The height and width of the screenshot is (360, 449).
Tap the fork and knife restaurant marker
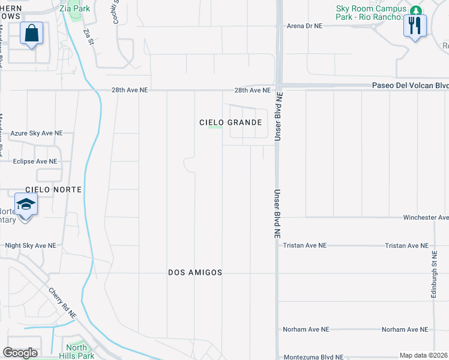[414, 25]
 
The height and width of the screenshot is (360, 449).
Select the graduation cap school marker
[25, 205]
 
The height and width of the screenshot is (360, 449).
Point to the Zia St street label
[89, 37]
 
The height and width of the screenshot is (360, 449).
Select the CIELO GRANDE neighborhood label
[231, 122]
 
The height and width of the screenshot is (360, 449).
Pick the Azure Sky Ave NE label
[37, 133]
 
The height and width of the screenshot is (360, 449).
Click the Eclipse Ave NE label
[35, 161]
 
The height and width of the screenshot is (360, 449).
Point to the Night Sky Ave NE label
[34, 245]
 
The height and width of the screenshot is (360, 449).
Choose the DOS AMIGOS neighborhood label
[196, 272]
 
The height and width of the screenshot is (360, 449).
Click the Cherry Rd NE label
[63, 302]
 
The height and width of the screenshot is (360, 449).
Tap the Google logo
[20, 353]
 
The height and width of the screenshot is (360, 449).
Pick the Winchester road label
[426, 217]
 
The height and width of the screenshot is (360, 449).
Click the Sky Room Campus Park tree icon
[415, 10]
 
